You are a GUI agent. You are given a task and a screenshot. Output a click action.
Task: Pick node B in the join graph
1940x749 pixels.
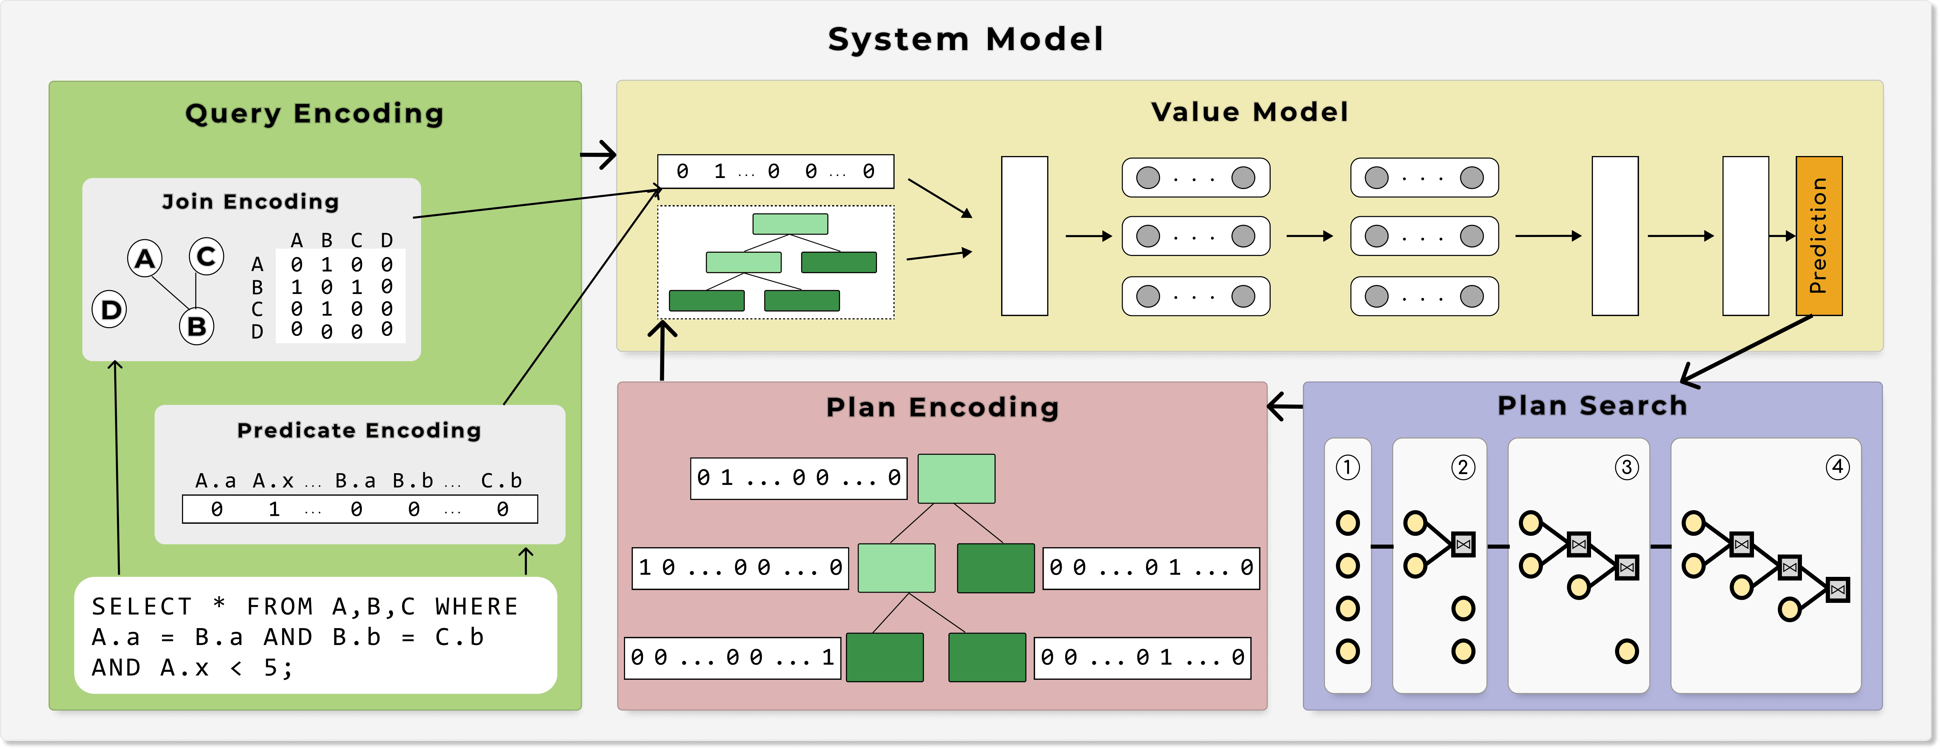(197, 326)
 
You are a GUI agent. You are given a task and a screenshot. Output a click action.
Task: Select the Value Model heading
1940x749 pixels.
(1249, 112)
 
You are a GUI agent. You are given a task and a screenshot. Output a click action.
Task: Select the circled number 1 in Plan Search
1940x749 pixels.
(1347, 467)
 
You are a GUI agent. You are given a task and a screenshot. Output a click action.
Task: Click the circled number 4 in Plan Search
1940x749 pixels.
(1837, 467)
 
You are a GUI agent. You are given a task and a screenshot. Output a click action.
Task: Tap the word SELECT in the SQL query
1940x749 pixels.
(142, 607)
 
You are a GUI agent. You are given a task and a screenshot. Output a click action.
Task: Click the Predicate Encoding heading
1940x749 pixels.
(359, 430)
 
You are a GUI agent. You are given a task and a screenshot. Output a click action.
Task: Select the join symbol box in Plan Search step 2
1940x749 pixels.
(1463, 544)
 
